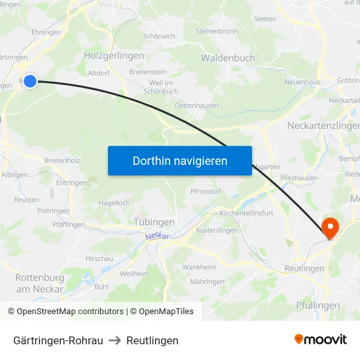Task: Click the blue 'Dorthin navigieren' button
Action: pyautogui.click(x=179, y=160)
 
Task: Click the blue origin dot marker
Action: pyautogui.click(x=29, y=81)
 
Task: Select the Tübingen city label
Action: pyautogui.click(x=154, y=222)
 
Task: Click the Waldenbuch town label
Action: pyautogui.click(x=228, y=58)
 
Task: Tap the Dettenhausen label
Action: pyautogui.click(x=197, y=105)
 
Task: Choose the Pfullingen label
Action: pyautogui.click(x=317, y=305)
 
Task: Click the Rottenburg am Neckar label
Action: pyautogui.click(x=39, y=283)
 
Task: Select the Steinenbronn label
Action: pyautogui.click(x=217, y=31)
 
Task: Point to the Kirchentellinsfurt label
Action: pyautogui.click(x=247, y=213)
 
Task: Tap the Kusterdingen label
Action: pyautogui.click(x=217, y=230)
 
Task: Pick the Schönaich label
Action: pyautogui.click(x=158, y=36)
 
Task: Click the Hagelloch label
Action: pyautogui.click(x=114, y=203)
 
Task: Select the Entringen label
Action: pyautogui.click(x=71, y=183)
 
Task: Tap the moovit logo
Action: pyautogui.click(x=321, y=339)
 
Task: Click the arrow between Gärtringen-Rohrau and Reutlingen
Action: pyautogui.click(x=115, y=340)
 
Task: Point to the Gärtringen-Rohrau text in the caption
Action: pyautogui.click(x=58, y=340)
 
